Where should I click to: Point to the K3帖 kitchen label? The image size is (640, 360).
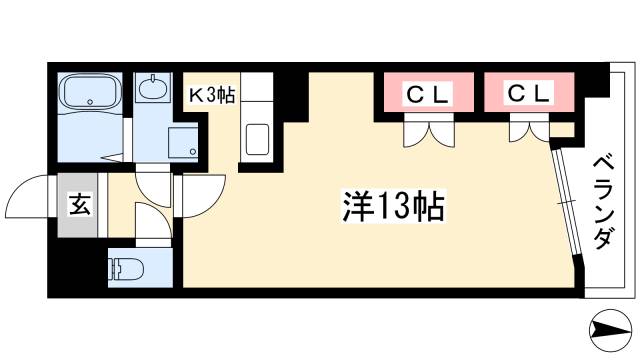[x=213, y=97]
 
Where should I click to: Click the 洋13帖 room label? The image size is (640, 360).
[x=389, y=207]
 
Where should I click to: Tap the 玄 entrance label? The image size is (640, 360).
[x=77, y=208]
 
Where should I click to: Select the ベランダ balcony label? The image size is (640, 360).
[x=603, y=205]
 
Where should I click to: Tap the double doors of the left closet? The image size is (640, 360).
[x=428, y=130]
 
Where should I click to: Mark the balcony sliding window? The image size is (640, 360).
[x=567, y=204]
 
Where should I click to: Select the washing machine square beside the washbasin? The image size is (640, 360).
[x=184, y=141]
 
